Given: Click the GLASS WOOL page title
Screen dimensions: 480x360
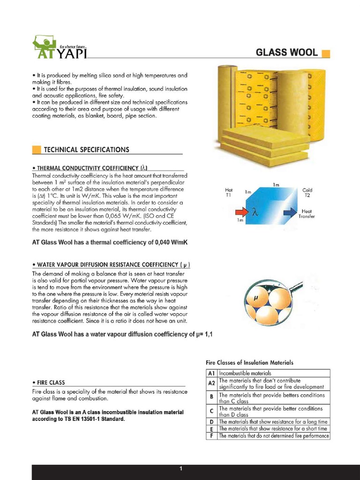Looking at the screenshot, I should pyautogui.click(x=286, y=52).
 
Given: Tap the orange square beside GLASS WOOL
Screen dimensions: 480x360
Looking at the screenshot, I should pyautogui.click(x=326, y=53).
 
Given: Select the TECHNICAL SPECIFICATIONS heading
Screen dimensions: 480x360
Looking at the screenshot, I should pyautogui.click(x=86, y=150).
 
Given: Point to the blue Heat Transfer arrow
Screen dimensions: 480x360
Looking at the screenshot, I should pyautogui.click(x=290, y=212).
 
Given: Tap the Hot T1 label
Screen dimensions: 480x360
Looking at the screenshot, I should pyautogui.click(x=229, y=192).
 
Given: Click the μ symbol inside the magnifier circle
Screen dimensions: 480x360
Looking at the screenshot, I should pyautogui.click(x=256, y=298).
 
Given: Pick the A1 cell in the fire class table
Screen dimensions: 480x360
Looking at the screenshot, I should pyautogui.click(x=211, y=373).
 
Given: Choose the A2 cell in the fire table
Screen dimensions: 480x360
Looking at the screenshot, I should pyautogui.click(x=211, y=383).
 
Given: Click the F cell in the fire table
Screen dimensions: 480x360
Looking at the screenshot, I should pyautogui.click(x=211, y=436).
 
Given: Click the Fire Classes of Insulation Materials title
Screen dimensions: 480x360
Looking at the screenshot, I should pyautogui.click(x=250, y=362).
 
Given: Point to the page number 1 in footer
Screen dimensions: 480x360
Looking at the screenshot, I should pyautogui.click(x=180, y=469).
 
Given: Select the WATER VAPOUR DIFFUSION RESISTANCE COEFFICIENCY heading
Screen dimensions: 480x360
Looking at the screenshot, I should pyautogui.click(x=111, y=265).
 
